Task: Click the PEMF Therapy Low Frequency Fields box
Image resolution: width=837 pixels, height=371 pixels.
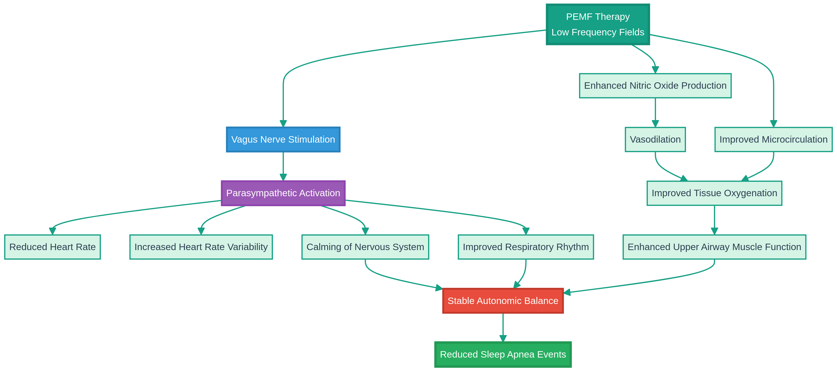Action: [597, 24]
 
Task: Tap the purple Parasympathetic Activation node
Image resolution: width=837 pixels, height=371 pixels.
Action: [283, 193]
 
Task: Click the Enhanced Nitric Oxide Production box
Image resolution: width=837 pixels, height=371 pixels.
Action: [655, 86]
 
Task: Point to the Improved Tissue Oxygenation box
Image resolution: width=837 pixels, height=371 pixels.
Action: [714, 193]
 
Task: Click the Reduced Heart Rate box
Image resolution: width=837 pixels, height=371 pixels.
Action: [52, 247]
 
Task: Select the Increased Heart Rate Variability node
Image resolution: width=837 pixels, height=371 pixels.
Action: [201, 247]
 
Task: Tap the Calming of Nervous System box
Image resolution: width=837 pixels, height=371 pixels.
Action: [365, 247]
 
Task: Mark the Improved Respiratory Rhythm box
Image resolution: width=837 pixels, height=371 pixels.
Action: [525, 247]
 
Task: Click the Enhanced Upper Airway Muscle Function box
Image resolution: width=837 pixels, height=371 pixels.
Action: [714, 247]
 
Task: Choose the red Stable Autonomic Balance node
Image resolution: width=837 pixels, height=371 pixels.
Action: [503, 300]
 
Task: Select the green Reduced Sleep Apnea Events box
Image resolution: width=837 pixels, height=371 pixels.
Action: [503, 354]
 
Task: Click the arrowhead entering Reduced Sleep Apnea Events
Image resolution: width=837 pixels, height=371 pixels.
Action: [503, 339]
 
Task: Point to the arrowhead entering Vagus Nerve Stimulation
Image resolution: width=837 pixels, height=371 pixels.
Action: [283, 124]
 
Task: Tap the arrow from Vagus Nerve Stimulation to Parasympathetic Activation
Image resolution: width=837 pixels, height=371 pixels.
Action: [283, 166]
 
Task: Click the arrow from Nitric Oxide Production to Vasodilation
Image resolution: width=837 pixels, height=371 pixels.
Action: [655, 112]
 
